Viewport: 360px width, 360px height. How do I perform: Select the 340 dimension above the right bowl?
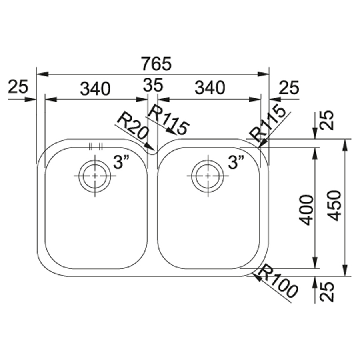210,88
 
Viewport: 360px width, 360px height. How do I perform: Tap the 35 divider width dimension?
153,85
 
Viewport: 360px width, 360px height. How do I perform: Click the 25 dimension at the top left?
18,86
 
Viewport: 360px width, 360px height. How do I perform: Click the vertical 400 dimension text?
307,210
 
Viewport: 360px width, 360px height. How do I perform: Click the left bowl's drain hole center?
95,176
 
